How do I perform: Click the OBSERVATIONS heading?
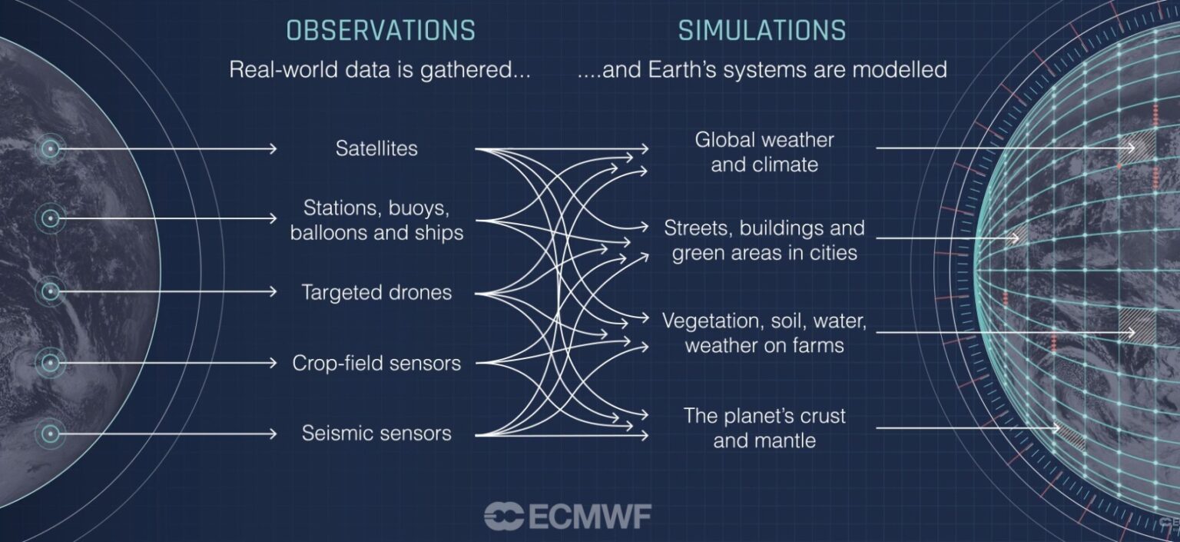[381, 30]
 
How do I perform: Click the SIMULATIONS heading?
[762, 30]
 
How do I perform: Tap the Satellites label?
[376, 148]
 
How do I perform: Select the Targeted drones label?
[376, 292]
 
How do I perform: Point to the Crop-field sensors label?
[376, 363]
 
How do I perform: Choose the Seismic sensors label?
[376, 434]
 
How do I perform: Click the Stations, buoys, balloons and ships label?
[376, 221]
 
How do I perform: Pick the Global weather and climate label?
[764, 152]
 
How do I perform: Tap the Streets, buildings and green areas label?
[764, 241]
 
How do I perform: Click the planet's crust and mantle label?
[764, 427]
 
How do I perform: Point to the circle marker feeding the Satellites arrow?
[51, 148]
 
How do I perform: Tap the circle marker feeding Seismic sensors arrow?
[51, 434]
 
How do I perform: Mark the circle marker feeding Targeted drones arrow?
[51, 291]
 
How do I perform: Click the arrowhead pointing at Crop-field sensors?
[273, 363]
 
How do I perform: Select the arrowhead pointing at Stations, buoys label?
[273, 218]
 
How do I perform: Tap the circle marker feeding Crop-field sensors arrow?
[51, 363]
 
